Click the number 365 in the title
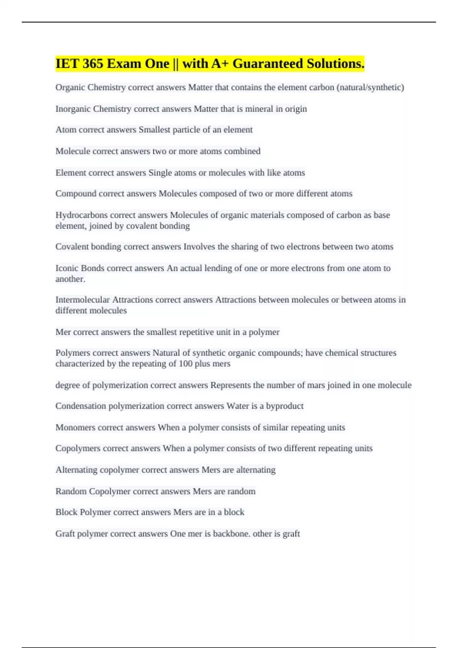pos(92,64)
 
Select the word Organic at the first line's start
pos(70,88)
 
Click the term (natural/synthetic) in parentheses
pos(370,88)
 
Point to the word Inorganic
pos(73,109)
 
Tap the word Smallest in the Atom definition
pos(154,130)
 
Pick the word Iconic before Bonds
pos(67,268)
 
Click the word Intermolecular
pos(82,300)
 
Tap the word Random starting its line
pos(71,491)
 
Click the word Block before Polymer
pos(66,512)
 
